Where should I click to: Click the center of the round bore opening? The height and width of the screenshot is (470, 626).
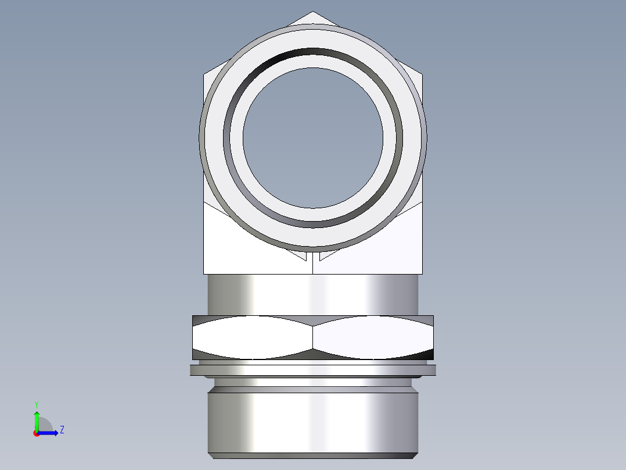313,138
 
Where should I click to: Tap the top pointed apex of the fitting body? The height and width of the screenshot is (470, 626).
313,13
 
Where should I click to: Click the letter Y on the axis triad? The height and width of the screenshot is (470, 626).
36,403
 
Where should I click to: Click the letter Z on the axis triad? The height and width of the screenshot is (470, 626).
62,430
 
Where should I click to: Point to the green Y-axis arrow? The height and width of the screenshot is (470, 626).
36,418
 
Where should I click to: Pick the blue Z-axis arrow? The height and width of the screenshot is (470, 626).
50,433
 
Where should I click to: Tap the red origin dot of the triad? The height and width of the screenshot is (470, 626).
36,433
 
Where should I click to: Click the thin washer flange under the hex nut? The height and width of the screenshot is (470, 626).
313,370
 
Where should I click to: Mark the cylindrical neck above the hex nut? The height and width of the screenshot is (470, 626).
313,294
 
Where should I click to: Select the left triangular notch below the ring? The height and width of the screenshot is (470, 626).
301,255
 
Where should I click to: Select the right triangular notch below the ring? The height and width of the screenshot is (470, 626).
326,255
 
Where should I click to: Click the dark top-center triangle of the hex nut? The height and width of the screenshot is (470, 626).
313,321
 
